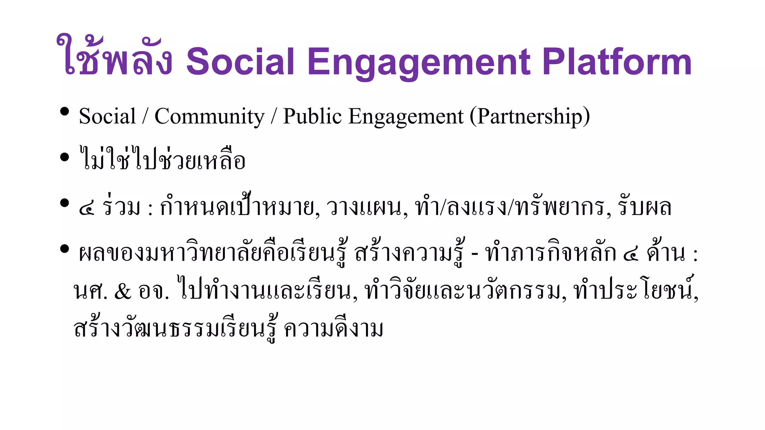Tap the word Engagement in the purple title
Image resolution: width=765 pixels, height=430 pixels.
(x=419, y=63)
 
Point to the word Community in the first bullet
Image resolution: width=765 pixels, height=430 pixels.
(x=209, y=116)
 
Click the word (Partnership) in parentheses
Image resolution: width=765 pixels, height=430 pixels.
(x=530, y=116)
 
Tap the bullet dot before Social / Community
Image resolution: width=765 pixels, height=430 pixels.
(x=65, y=111)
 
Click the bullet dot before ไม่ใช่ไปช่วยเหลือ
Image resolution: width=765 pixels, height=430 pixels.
(x=65, y=157)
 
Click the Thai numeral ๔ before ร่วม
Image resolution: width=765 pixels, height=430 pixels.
(x=87, y=208)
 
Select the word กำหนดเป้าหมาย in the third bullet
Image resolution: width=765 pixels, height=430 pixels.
(x=239, y=206)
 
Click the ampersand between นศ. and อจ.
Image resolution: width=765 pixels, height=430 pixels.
(x=123, y=292)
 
